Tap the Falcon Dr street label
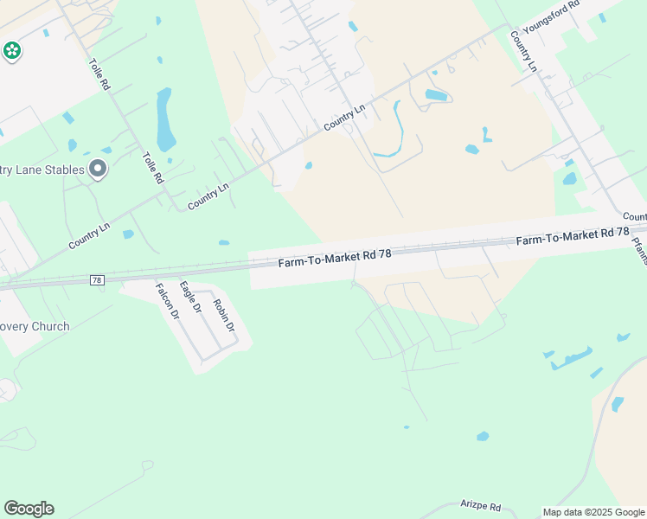tap(167, 302)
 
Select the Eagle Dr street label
tap(190, 297)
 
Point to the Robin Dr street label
tap(224, 315)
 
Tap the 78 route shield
tap(98, 280)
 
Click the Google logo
tap(29, 509)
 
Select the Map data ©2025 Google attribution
tap(593, 512)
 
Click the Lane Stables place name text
tap(43, 170)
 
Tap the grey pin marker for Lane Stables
tap(98, 170)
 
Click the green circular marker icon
tap(11, 51)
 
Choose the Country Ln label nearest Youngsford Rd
tap(524, 51)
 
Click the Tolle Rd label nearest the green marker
tap(99, 75)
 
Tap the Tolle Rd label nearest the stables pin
tap(153, 167)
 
